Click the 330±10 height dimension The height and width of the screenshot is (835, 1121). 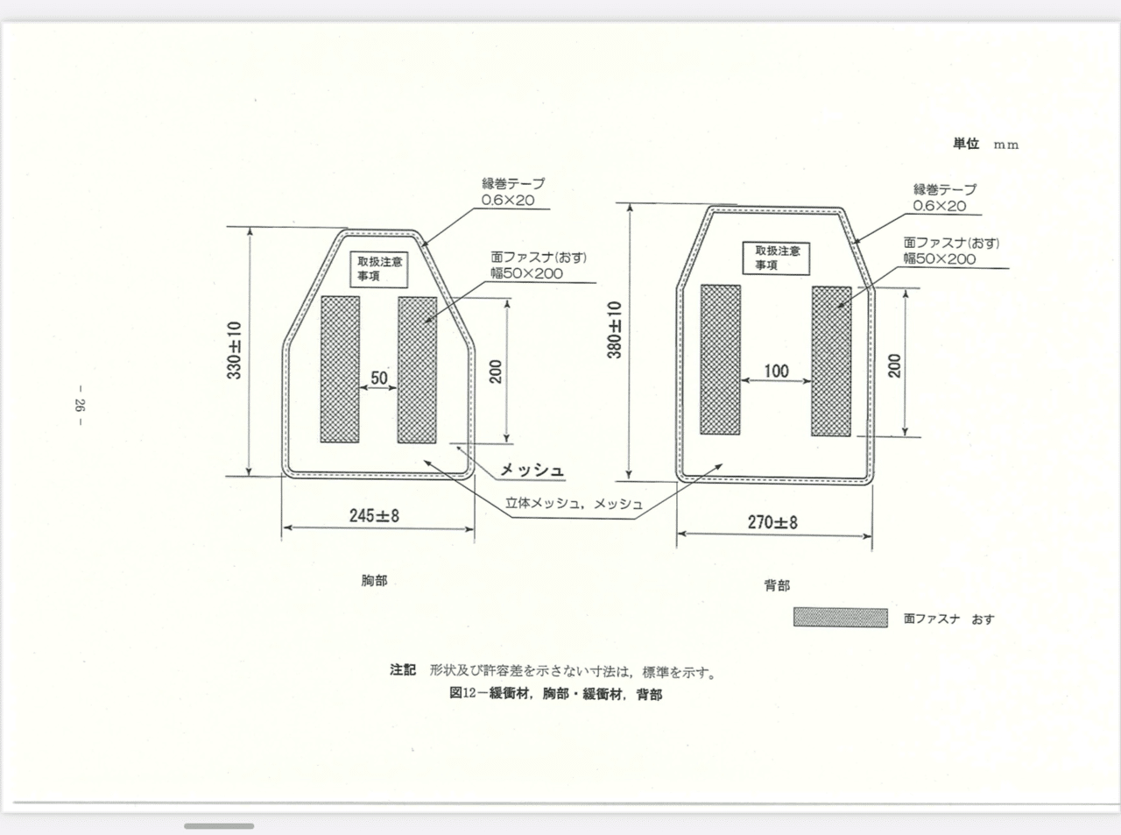(234, 350)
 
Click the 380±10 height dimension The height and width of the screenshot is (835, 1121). (614, 329)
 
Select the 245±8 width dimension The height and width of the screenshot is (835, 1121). (374, 516)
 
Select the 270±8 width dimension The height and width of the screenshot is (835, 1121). (772, 522)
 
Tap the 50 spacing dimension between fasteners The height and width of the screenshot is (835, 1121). (379, 378)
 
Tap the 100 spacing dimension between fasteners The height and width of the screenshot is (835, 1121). (776, 372)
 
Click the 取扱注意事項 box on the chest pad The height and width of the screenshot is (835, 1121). (379, 269)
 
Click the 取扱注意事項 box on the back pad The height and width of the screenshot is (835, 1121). (776, 258)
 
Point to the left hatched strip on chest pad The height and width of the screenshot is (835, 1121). (340, 370)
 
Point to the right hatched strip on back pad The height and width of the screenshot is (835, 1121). (831, 361)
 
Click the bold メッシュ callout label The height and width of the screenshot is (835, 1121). (532, 470)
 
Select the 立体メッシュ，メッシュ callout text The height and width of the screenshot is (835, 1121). (574, 504)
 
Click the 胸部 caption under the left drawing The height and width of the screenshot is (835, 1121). (374, 581)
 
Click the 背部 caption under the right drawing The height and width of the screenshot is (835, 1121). (777, 585)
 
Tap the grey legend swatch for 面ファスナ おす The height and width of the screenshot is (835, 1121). (841, 618)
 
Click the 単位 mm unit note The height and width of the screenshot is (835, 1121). (985, 145)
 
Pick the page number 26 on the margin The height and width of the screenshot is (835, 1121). (80, 405)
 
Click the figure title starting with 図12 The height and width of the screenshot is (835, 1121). (555, 693)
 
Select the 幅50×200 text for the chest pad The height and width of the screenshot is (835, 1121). (526, 273)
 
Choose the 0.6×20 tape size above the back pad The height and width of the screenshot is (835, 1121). (940, 206)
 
